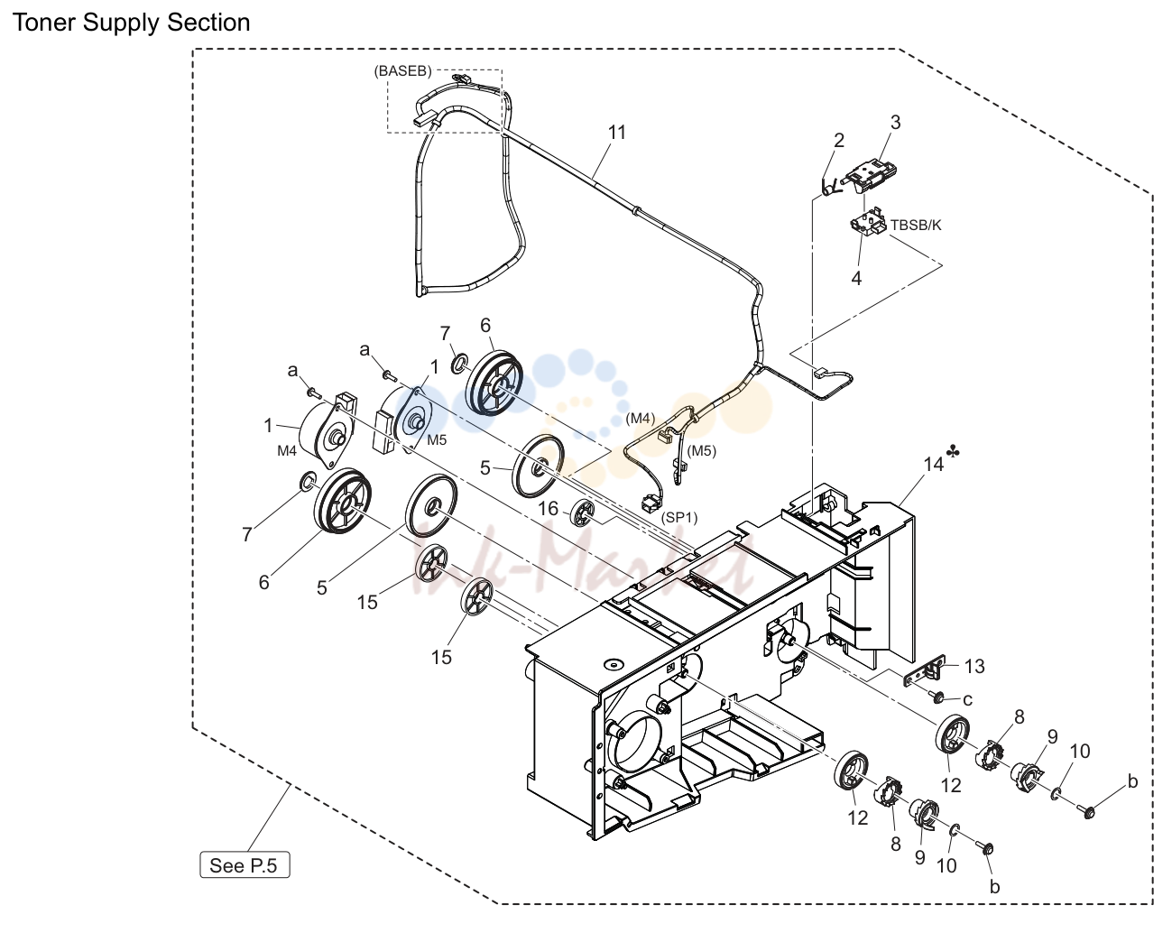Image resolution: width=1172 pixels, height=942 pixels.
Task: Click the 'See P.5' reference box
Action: [245, 864]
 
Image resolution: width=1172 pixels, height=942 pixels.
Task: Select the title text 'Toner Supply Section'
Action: [131, 23]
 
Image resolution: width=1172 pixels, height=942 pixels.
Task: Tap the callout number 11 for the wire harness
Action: [616, 133]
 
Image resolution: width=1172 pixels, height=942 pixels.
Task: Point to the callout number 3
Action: [895, 123]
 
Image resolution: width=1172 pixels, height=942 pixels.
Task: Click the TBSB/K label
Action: [916, 225]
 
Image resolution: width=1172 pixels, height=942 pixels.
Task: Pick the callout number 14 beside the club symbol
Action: [933, 464]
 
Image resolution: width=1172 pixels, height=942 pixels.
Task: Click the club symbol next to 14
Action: [953, 452]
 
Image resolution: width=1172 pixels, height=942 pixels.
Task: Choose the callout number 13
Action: [974, 666]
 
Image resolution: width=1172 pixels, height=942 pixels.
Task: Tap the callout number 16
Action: [549, 508]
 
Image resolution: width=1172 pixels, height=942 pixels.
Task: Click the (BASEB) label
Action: [402, 71]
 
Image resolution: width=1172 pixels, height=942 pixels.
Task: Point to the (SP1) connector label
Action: [679, 517]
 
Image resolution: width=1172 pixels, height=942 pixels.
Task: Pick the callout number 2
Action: [839, 141]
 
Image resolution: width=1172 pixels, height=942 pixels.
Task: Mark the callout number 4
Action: [856, 279]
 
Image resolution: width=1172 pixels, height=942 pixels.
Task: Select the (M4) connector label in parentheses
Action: [640, 418]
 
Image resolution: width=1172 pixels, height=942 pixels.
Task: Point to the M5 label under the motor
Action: [437, 439]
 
